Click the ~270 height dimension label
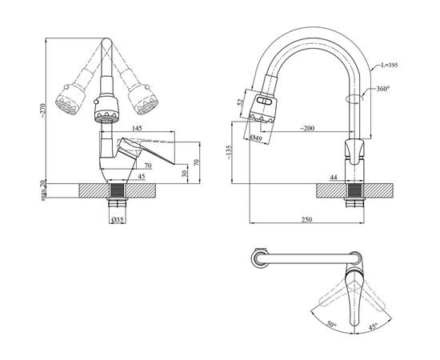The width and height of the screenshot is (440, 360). pyautogui.click(x=42, y=110)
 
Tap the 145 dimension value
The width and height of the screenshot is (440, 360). pyautogui.click(x=137, y=128)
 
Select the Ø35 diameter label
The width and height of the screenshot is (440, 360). pyautogui.click(x=118, y=220)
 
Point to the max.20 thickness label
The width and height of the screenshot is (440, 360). pyautogui.click(x=43, y=190)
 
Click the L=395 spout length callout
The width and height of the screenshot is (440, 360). pyautogui.click(x=390, y=66)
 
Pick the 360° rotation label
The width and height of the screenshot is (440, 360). pyautogui.click(x=383, y=89)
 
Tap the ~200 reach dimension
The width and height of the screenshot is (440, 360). pyautogui.click(x=307, y=129)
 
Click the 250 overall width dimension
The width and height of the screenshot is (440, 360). pyautogui.click(x=306, y=219)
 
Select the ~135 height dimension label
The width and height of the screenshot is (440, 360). pyautogui.click(x=229, y=152)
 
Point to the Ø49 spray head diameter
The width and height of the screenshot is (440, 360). pyautogui.click(x=256, y=138)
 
